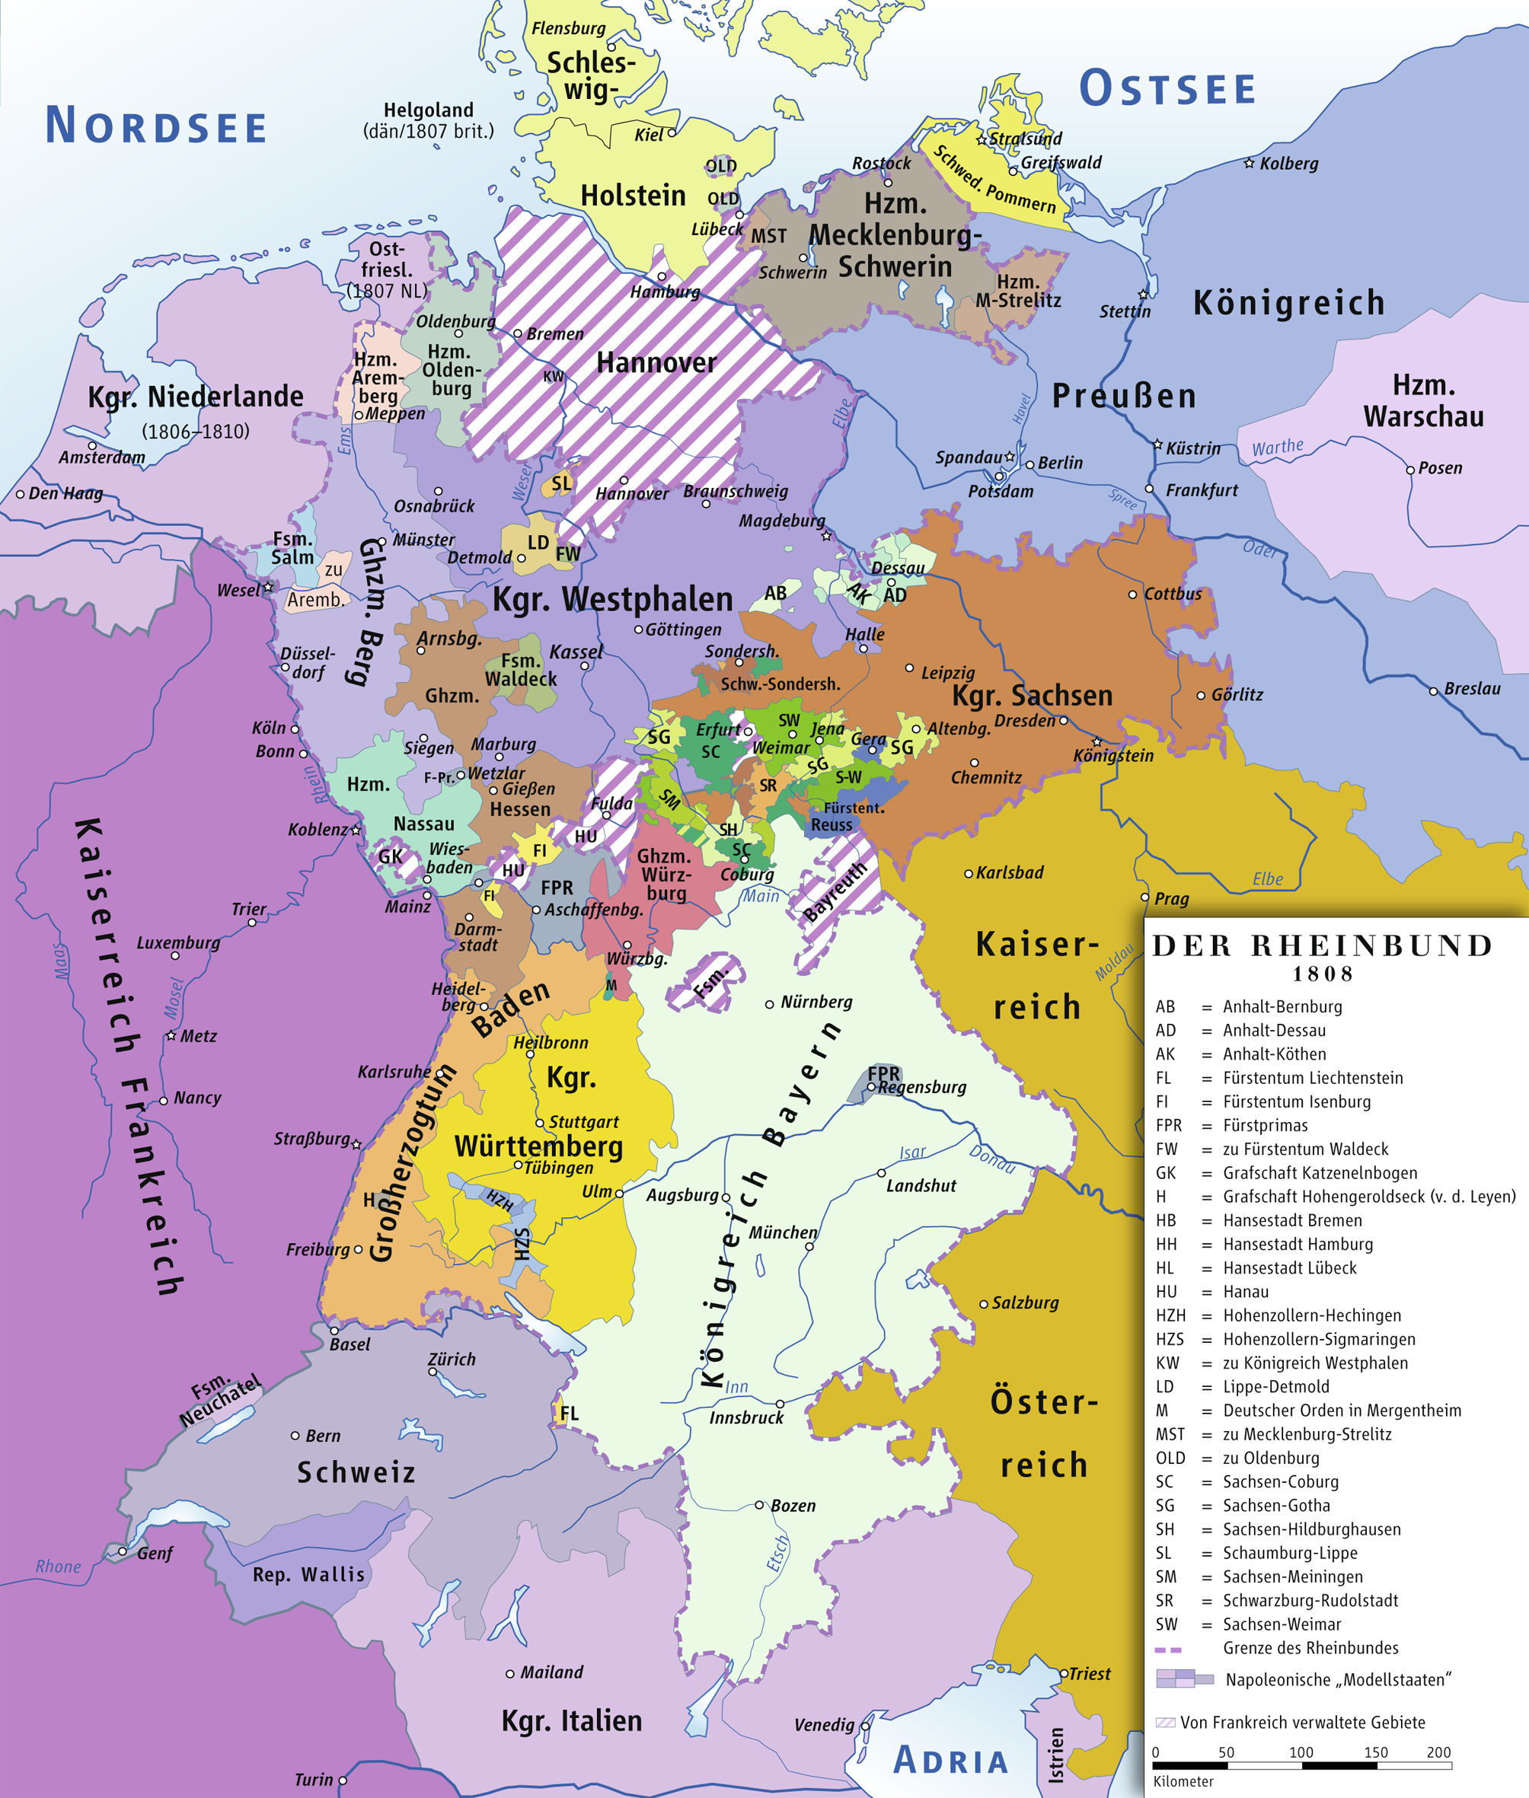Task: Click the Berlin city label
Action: coord(1060,463)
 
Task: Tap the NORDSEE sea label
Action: coord(156,126)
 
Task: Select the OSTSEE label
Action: coord(1167,88)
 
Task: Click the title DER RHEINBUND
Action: coord(1322,945)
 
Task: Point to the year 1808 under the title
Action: coord(1323,974)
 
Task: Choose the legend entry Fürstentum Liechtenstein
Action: coord(1312,1078)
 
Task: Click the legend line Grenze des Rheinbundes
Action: coord(1310,1647)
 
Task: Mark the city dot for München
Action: coord(809,1246)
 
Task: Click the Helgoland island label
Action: coord(428,110)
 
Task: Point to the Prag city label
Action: coord(1171,898)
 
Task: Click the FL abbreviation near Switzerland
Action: coord(569,1414)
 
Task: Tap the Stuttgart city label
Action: coord(583,1122)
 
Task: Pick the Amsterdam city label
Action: coord(101,457)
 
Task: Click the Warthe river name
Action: coord(1277,447)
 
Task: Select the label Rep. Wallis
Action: coord(308,1574)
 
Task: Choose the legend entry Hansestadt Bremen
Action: coord(1291,1220)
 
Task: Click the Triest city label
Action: coord(1089,1674)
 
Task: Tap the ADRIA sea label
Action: coord(951,1761)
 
